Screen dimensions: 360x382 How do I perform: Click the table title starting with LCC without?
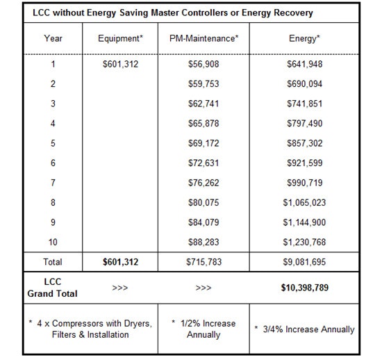(x=172, y=13)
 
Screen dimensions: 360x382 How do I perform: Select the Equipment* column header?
(x=121, y=40)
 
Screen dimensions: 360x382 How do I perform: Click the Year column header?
(x=53, y=40)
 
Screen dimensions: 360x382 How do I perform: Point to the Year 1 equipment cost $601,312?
(x=121, y=64)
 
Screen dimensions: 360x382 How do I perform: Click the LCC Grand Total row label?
(x=53, y=288)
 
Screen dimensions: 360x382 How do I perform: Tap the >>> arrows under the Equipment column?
(x=121, y=286)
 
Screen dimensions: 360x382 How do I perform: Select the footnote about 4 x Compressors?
(x=90, y=329)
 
